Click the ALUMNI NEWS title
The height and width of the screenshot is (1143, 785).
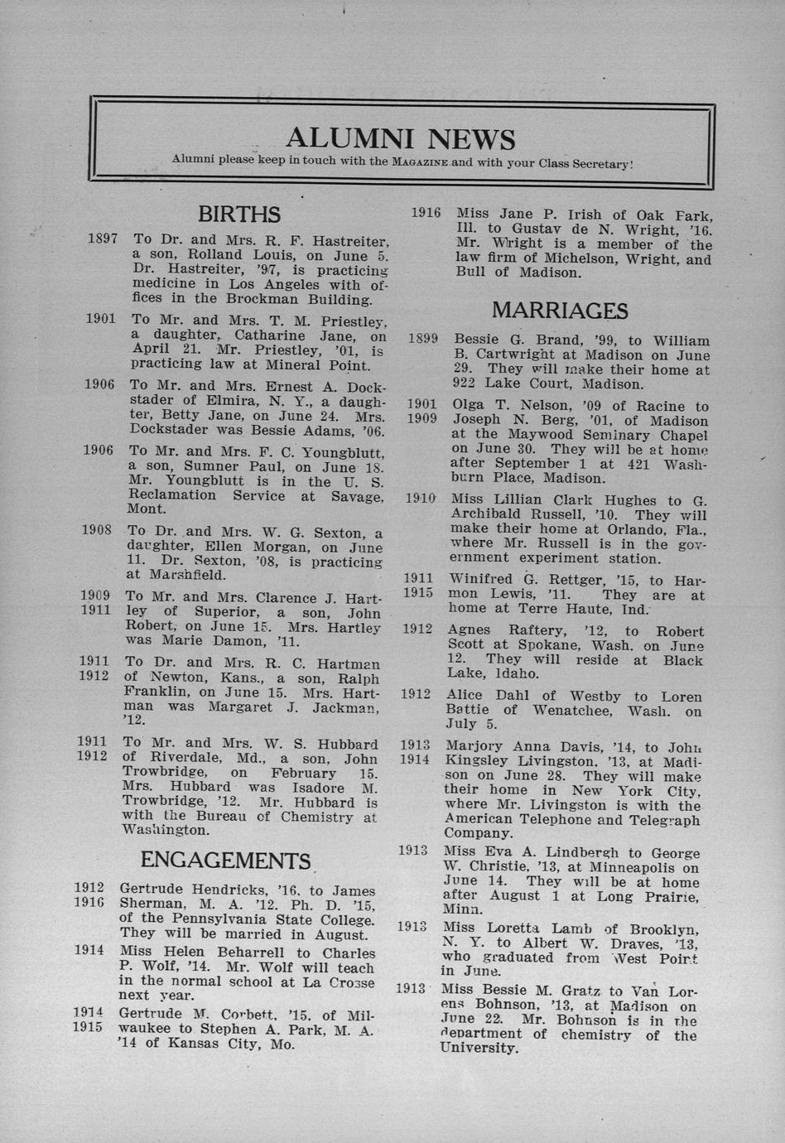point(400,138)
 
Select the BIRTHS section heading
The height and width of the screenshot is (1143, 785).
point(239,215)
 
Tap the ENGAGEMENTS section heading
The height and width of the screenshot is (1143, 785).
point(225,861)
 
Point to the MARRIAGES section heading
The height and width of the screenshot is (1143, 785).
point(560,311)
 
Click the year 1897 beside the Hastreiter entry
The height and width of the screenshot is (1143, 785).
point(103,239)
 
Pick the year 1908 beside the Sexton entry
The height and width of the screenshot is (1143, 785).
point(97,530)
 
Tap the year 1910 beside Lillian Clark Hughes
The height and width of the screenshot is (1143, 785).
point(421,499)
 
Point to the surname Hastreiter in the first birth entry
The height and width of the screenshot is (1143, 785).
point(348,241)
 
